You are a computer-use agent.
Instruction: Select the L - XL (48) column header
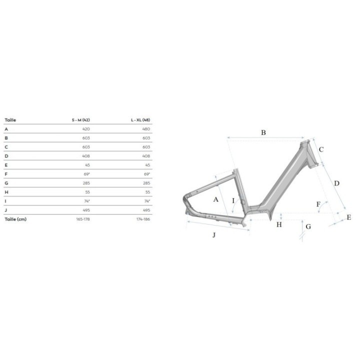140,120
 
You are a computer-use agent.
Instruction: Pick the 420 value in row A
86,128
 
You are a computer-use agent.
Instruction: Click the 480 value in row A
146,128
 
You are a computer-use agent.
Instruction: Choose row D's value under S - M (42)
86,155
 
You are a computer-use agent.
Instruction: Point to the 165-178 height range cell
83,219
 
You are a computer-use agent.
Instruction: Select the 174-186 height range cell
143,219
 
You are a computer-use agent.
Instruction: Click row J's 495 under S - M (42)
86,210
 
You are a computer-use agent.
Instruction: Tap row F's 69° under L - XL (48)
147,173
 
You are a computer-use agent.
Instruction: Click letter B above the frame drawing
263,132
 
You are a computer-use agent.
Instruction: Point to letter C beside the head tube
321,149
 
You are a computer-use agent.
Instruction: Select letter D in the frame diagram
336,183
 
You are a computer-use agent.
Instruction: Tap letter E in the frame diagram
349,217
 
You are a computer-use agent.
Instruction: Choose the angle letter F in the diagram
318,203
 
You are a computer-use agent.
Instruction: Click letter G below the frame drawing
308,226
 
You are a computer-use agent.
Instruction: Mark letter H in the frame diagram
279,224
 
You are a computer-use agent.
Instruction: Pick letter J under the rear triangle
214,235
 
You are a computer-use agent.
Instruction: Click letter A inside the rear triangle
216,199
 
